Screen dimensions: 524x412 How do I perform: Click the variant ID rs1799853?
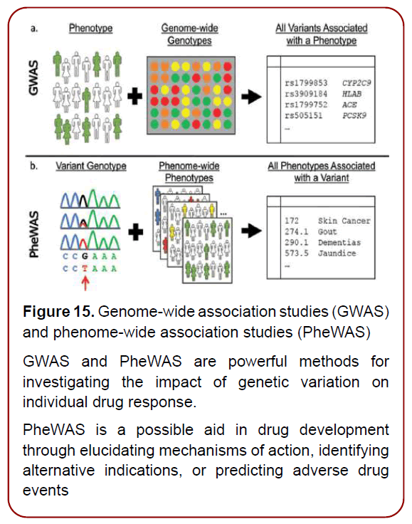304,83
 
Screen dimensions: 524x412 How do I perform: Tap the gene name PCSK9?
354,116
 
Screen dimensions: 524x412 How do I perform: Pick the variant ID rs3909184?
304,94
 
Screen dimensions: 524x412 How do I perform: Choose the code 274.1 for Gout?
294,232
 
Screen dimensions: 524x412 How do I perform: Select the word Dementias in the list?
339,243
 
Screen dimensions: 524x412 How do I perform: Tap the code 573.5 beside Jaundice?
294,253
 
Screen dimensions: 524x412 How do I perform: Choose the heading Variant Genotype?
91,166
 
